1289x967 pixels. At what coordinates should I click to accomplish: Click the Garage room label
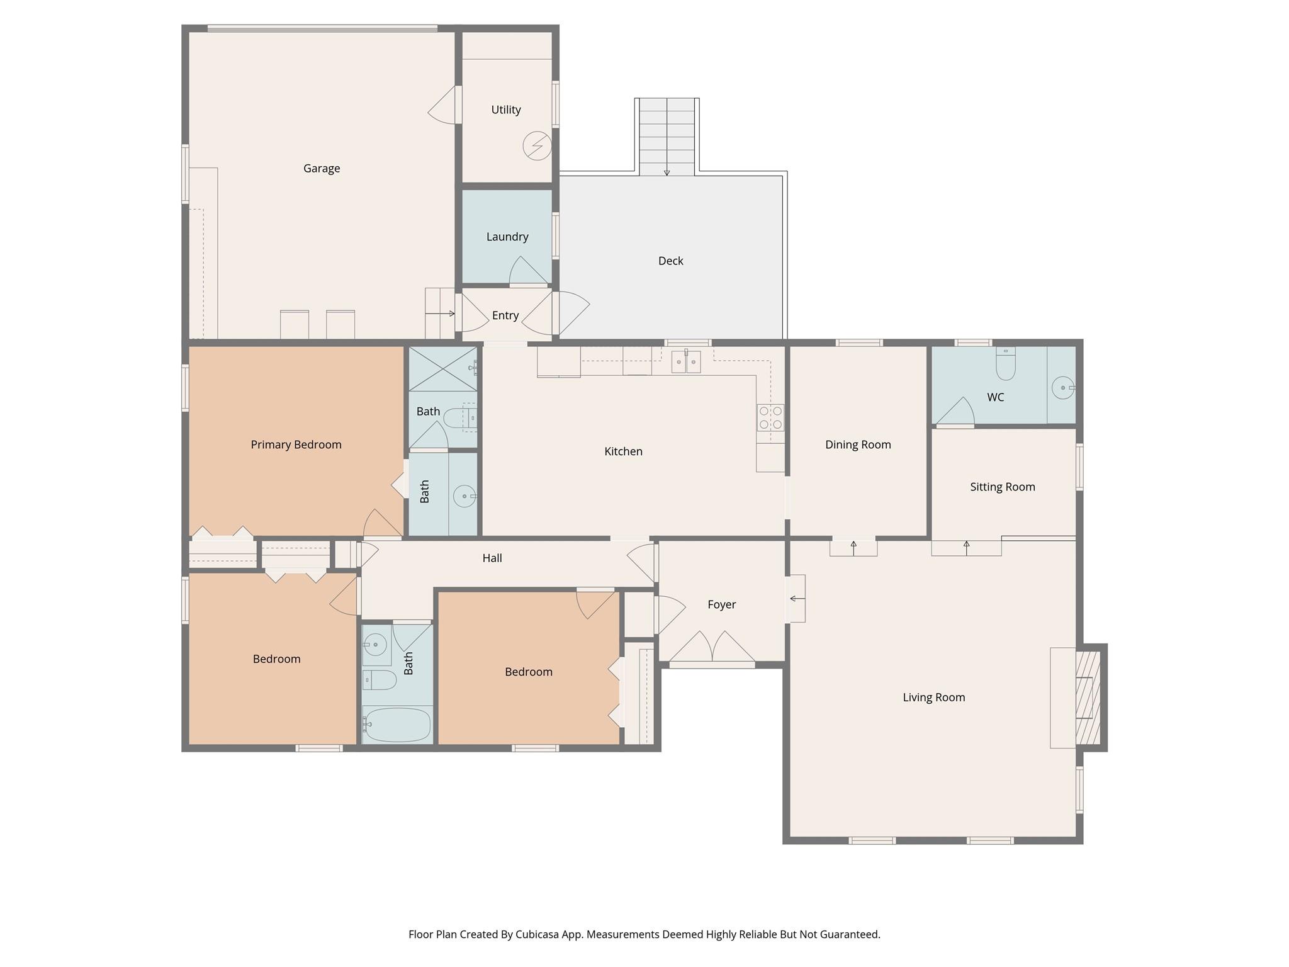322,168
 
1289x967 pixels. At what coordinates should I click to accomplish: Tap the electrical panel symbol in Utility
537,146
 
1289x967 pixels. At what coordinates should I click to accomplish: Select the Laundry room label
507,237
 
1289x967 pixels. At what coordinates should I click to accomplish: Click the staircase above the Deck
667,136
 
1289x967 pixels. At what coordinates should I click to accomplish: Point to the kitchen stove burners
770,417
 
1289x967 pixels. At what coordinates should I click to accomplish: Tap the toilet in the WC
1006,365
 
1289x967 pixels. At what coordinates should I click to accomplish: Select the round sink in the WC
1063,388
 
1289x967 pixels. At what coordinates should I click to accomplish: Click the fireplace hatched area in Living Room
1088,698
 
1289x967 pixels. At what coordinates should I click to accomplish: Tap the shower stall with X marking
443,369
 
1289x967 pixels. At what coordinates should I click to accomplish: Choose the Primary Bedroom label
296,444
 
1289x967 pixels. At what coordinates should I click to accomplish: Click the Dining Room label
858,444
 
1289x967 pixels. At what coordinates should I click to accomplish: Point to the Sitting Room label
1002,487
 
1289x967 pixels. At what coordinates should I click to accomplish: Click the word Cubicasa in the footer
539,934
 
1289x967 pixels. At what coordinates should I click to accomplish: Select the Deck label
670,261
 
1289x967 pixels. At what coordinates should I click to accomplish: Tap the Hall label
492,558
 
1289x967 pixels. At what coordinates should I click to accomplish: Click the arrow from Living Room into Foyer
797,598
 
